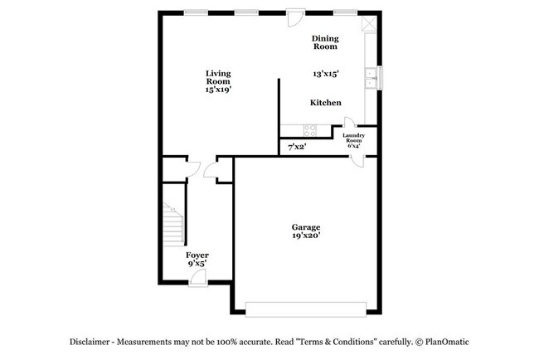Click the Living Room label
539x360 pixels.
(218, 77)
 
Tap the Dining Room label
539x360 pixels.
(325, 42)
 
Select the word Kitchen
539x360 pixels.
(326, 103)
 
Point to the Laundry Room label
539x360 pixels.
(354, 139)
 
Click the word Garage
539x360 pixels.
(305, 227)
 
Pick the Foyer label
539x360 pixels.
(197, 255)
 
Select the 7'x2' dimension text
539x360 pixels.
(296, 147)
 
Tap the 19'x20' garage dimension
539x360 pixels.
(305, 236)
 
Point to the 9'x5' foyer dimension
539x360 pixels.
(197, 263)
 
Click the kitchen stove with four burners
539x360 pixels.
(310, 129)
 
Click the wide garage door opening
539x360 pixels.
(304, 308)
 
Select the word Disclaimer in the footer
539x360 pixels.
(90, 342)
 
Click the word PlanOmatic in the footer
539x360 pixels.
(449, 342)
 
